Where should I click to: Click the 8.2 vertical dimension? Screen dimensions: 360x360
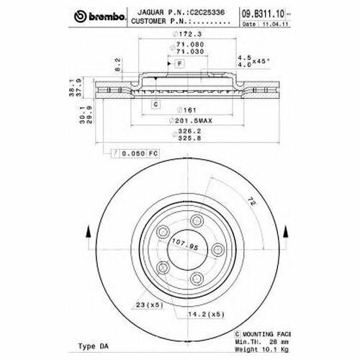(118, 67)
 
